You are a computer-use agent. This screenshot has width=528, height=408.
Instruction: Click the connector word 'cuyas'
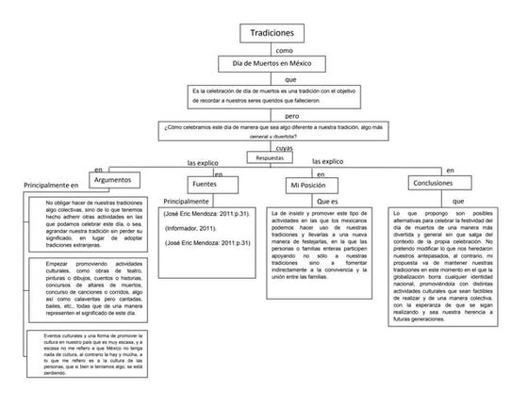pos(284,148)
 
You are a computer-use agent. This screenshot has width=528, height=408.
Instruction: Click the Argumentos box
pos(119,178)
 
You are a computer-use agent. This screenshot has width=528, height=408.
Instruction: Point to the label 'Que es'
pos(328,202)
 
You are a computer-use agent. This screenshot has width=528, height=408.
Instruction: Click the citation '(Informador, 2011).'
pos(194,228)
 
